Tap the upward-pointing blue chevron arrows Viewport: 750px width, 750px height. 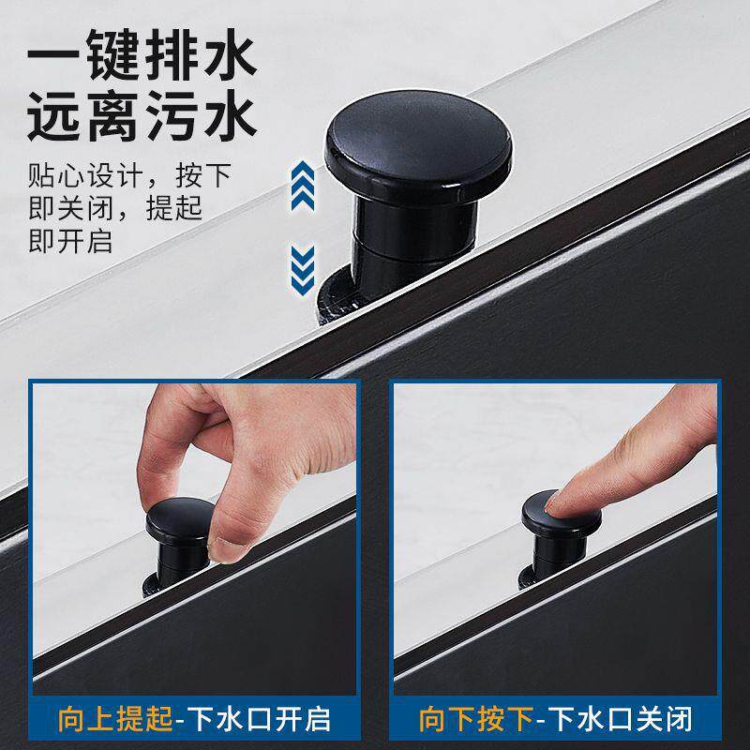point(303,186)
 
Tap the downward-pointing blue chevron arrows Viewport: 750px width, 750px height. point(303,269)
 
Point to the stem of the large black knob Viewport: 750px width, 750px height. point(414,239)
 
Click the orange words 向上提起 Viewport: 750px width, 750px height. point(115,719)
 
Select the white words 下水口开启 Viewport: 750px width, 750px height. point(260,719)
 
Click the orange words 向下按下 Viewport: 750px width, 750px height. point(476,719)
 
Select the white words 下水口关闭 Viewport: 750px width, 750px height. point(621,719)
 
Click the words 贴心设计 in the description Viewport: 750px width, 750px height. point(85,175)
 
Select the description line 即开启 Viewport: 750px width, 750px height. point(71,241)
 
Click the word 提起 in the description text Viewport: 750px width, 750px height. point(174,208)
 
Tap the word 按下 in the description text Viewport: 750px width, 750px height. point(203,175)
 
